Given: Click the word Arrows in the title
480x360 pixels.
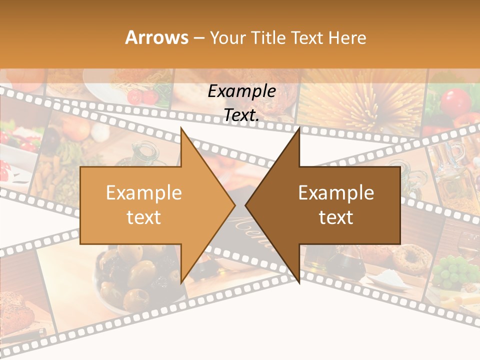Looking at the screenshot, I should (x=157, y=37).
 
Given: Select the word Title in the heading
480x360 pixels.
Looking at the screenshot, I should (x=268, y=38).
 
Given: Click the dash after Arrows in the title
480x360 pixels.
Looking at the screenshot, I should (x=198, y=38).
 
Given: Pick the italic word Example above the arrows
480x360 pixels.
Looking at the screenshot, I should (x=241, y=91).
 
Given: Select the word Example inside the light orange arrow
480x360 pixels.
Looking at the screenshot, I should (x=143, y=193).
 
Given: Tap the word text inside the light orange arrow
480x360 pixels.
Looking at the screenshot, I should (x=143, y=217).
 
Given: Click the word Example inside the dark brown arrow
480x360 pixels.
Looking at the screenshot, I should (x=336, y=193).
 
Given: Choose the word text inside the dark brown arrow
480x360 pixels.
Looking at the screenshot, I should (x=336, y=217).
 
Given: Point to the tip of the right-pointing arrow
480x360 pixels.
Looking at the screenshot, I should (x=234, y=205).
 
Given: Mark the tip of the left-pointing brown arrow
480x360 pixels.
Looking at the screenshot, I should (x=245, y=205).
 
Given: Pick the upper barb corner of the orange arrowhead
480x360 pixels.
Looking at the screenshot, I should (x=181, y=128).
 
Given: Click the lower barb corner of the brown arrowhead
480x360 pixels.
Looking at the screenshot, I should (x=299, y=283).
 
